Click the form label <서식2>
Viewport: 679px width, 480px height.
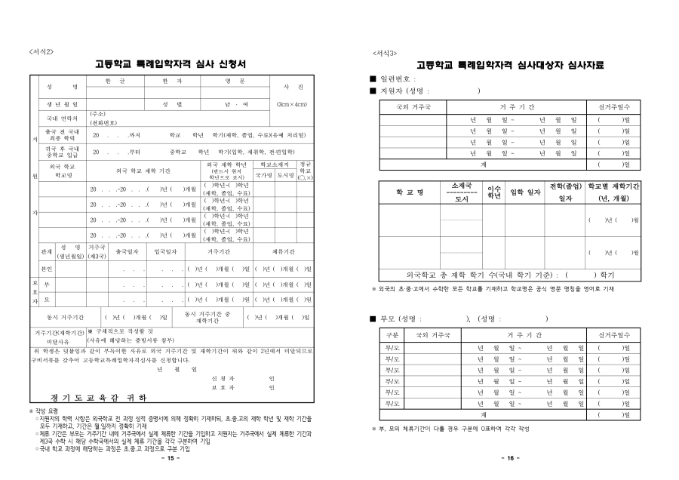[41, 51]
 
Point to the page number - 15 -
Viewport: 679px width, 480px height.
[171, 458]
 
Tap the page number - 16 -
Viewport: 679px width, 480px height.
[506, 458]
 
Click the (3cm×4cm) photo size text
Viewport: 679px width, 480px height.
[290, 103]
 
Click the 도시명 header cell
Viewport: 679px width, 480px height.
[285, 173]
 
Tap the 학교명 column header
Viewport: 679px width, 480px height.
[410, 192]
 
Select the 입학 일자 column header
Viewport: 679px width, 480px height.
[524, 192]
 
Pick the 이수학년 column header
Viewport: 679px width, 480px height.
[495, 192]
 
